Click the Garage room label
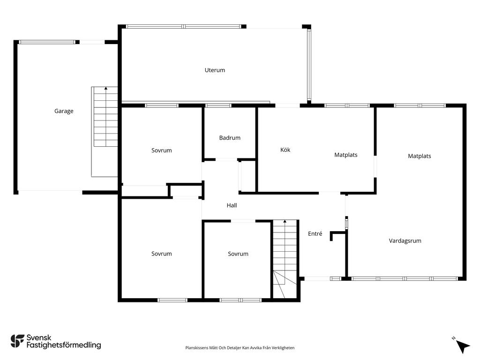pos(64,111)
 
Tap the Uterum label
pos(215,70)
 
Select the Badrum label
pos(230,138)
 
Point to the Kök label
pos(285,150)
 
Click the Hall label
pos(232,205)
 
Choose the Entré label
pos(315,233)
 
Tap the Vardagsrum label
pos(405,241)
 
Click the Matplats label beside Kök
pos(345,155)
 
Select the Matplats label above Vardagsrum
pos(420,156)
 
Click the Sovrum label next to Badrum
pos(161,150)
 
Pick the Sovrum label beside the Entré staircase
pos(238,254)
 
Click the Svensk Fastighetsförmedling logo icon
pos(17,341)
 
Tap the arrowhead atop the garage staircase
pos(106,88)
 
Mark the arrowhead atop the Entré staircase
pos(285,221)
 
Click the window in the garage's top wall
pos(47,42)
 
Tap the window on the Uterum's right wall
pos(309,65)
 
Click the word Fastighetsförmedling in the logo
pos(64,345)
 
